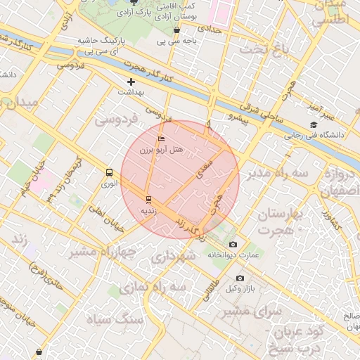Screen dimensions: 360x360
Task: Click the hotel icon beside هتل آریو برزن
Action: point(162,139)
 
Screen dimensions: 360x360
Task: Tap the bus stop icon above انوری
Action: point(109,172)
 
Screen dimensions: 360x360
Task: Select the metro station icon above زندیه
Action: point(148,199)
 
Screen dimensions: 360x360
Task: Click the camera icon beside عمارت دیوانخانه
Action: point(233,244)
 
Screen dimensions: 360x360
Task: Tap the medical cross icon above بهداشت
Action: point(130,82)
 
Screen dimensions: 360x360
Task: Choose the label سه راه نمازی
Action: point(153,288)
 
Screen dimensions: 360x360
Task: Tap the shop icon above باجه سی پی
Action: point(176,30)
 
